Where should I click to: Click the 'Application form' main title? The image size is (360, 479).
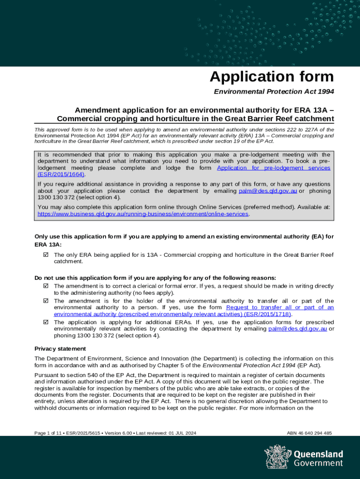pos(272,77)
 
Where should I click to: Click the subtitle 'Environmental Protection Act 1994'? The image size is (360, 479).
pos(274,92)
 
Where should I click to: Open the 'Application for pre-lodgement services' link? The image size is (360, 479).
pos(274,167)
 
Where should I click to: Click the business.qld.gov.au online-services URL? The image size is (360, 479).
pos(143,214)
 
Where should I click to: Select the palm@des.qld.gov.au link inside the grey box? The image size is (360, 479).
pos(267,191)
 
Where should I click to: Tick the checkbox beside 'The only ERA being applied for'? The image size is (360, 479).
pos(46,255)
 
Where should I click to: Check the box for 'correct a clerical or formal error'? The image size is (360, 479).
pos(46,286)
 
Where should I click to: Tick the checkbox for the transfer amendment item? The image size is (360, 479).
pos(46,301)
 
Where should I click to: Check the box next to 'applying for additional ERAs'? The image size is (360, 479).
pos(46,322)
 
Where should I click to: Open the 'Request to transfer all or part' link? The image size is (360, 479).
pos(280,307)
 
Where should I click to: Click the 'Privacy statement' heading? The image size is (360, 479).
pos(54,348)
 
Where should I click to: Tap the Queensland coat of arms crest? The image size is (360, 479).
pos(278,457)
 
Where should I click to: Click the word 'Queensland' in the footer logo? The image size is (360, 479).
pos(318,454)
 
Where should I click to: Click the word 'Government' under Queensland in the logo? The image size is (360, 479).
pos(318,463)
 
